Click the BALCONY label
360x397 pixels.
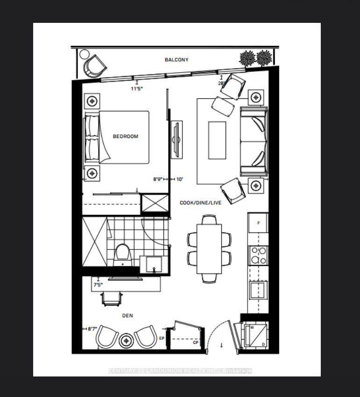tap(176, 60)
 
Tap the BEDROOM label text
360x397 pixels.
tap(126, 137)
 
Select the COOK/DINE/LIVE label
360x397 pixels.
tap(200, 203)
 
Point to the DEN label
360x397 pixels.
tap(127, 316)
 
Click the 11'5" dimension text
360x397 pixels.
tap(136, 88)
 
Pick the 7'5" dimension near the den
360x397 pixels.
tap(98, 285)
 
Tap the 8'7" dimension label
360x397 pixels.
tap(93, 329)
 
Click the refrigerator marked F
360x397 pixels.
tap(258, 223)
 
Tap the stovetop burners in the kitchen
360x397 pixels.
tap(258, 256)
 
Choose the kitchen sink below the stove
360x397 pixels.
tap(258, 290)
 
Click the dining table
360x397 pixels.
tap(209, 248)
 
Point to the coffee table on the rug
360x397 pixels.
tap(217, 140)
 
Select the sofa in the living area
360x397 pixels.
tap(254, 141)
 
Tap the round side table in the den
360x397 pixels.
tap(127, 341)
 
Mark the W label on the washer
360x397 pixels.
tap(252, 327)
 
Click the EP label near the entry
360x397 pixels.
tap(162, 339)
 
